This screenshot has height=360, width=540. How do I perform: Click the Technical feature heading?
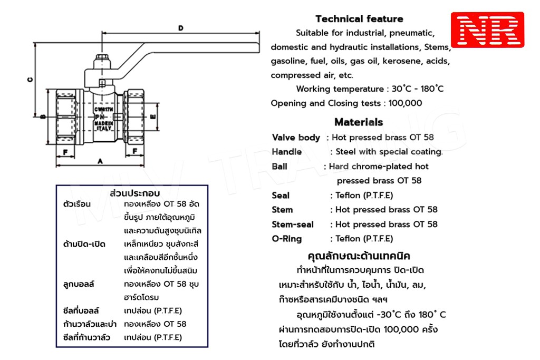pyautogui.click(x=359, y=19)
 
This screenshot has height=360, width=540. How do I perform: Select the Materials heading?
pyautogui.click(x=359, y=122)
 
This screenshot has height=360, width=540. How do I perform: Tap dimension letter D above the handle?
pyautogui.click(x=181, y=28)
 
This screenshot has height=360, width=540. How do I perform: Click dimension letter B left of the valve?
pyautogui.click(x=42, y=116)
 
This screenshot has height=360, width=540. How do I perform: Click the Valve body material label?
pyautogui.click(x=296, y=138)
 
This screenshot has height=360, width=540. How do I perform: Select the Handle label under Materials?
pyautogui.click(x=287, y=152)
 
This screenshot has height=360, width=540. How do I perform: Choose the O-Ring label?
pyautogui.click(x=287, y=239)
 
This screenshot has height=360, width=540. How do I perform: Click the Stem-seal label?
pyautogui.click(x=293, y=225)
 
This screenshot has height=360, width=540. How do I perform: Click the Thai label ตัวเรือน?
pyautogui.click(x=77, y=204)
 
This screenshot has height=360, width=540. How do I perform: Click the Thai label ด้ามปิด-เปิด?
pyautogui.click(x=84, y=244)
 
